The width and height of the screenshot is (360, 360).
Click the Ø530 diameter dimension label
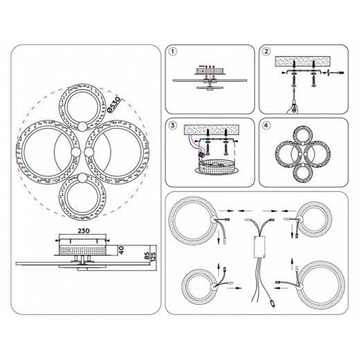pos(114,105)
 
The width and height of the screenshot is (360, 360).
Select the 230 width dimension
pos(84,231)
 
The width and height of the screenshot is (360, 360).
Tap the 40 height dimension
pos(121,250)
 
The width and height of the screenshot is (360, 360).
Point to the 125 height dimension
pos(153,257)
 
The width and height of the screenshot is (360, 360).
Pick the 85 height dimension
pos(147,255)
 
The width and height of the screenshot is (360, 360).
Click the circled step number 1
pos(172,51)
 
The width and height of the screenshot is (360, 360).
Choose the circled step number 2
pos(267,51)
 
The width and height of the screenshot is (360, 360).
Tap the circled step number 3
pos(172,125)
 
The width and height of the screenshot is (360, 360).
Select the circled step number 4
pos(267,125)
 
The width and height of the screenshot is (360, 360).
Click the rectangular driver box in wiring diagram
pos(260,247)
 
